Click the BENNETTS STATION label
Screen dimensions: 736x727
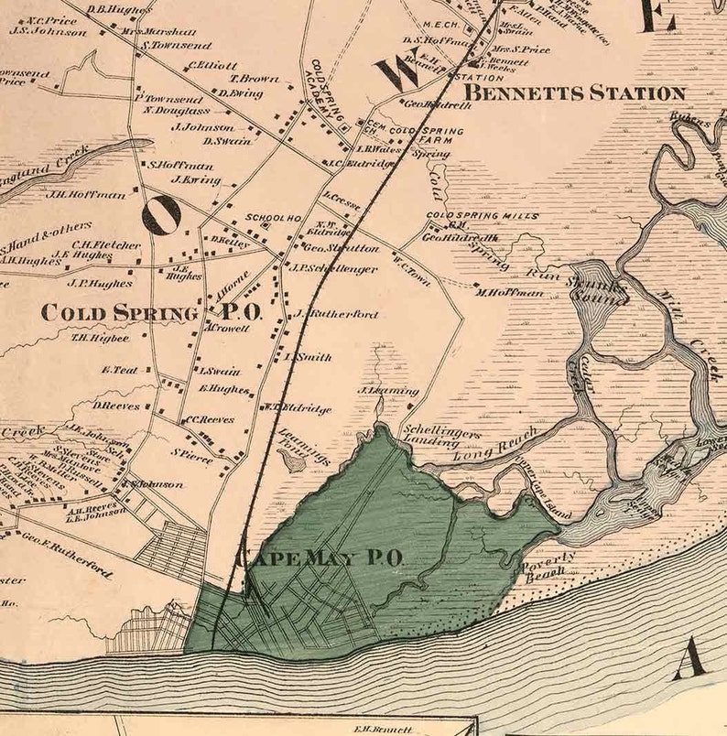click(x=574, y=93)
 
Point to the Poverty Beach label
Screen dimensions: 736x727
click(x=549, y=566)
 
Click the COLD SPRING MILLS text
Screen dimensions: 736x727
click(x=483, y=216)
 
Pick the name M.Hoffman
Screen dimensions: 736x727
click(x=509, y=292)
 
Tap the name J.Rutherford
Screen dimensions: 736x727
click(x=337, y=314)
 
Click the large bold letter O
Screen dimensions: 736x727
click(x=161, y=214)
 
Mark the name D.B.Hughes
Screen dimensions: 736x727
click(x=119, y=10)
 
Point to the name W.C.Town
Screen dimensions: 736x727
click(x=413, y=257)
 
